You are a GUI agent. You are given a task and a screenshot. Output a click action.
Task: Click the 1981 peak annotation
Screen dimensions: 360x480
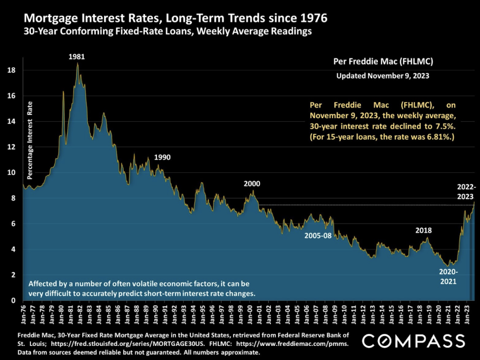(x=77, y=57)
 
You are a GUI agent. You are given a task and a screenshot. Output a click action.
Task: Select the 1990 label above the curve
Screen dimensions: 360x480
(x=162, y=157)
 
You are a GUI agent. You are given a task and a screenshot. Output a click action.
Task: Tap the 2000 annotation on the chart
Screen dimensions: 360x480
(x=252, y=183)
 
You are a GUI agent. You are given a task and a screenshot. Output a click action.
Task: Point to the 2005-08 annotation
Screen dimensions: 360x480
(x=318, y=235)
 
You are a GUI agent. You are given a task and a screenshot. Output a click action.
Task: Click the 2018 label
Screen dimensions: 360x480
(x=423, y=230)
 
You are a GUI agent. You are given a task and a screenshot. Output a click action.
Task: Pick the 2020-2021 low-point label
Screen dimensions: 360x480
(x=448, y=277)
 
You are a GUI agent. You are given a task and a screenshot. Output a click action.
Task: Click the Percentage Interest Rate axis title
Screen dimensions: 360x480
(x=30, y=140)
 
